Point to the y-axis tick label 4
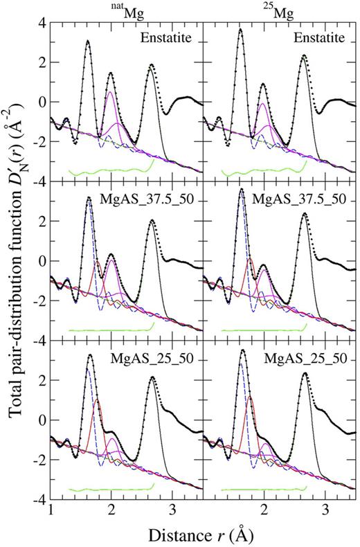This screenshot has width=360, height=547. [x=42, y=22]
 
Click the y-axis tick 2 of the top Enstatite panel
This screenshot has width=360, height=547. [x=42, y=62]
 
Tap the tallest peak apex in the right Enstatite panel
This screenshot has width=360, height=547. [x=240, y=29]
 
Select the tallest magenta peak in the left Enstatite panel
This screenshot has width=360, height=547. [x=111, y=92]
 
